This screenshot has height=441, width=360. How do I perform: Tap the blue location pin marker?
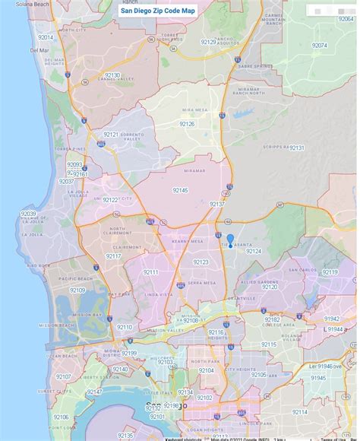230,241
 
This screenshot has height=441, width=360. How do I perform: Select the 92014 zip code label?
46,37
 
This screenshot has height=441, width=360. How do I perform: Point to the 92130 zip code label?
112,75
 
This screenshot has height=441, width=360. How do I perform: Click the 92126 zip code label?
188,123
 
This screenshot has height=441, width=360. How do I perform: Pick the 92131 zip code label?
296,148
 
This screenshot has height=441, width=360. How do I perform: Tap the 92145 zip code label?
180,189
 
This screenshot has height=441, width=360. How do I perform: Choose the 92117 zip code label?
113,256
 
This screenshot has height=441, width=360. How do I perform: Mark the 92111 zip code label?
151,272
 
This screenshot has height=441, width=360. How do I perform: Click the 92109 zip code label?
77,290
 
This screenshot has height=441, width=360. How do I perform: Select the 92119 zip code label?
330,271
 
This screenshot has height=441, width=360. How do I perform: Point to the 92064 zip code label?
319,46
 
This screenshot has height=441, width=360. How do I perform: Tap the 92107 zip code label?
63,376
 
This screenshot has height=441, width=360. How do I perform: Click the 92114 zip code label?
300,411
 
